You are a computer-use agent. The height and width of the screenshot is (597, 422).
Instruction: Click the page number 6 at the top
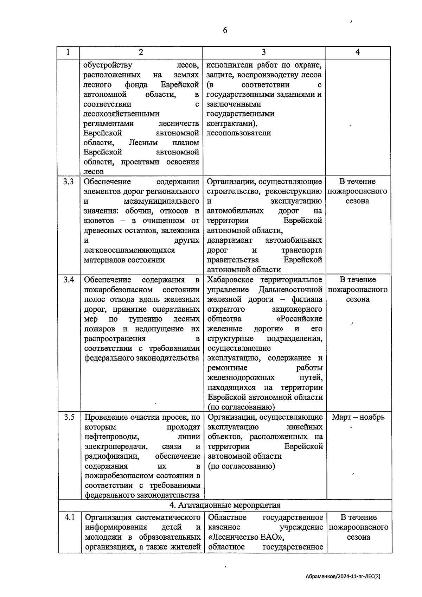tap(225, 30)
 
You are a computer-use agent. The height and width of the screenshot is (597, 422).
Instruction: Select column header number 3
tap(263, 52)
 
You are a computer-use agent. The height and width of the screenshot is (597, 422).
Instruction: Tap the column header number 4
tap(357, 52)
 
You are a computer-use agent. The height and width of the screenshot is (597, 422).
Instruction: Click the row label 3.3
tap(69, 182)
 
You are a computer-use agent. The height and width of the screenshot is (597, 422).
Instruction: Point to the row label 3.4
tap(69, 280)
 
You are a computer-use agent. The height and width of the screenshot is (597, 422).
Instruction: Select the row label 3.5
tap(69, 418)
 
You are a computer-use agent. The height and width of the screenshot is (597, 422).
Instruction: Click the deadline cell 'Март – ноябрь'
tap(358, 418)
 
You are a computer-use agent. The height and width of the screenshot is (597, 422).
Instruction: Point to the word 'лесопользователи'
tap(239, 133)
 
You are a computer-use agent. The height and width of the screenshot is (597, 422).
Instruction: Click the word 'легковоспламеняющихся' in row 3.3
tap(129, 250)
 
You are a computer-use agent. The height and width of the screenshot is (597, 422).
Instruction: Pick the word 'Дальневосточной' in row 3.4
tap(290, 290)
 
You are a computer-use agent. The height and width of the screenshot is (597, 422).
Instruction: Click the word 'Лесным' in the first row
tap(143, 143)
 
